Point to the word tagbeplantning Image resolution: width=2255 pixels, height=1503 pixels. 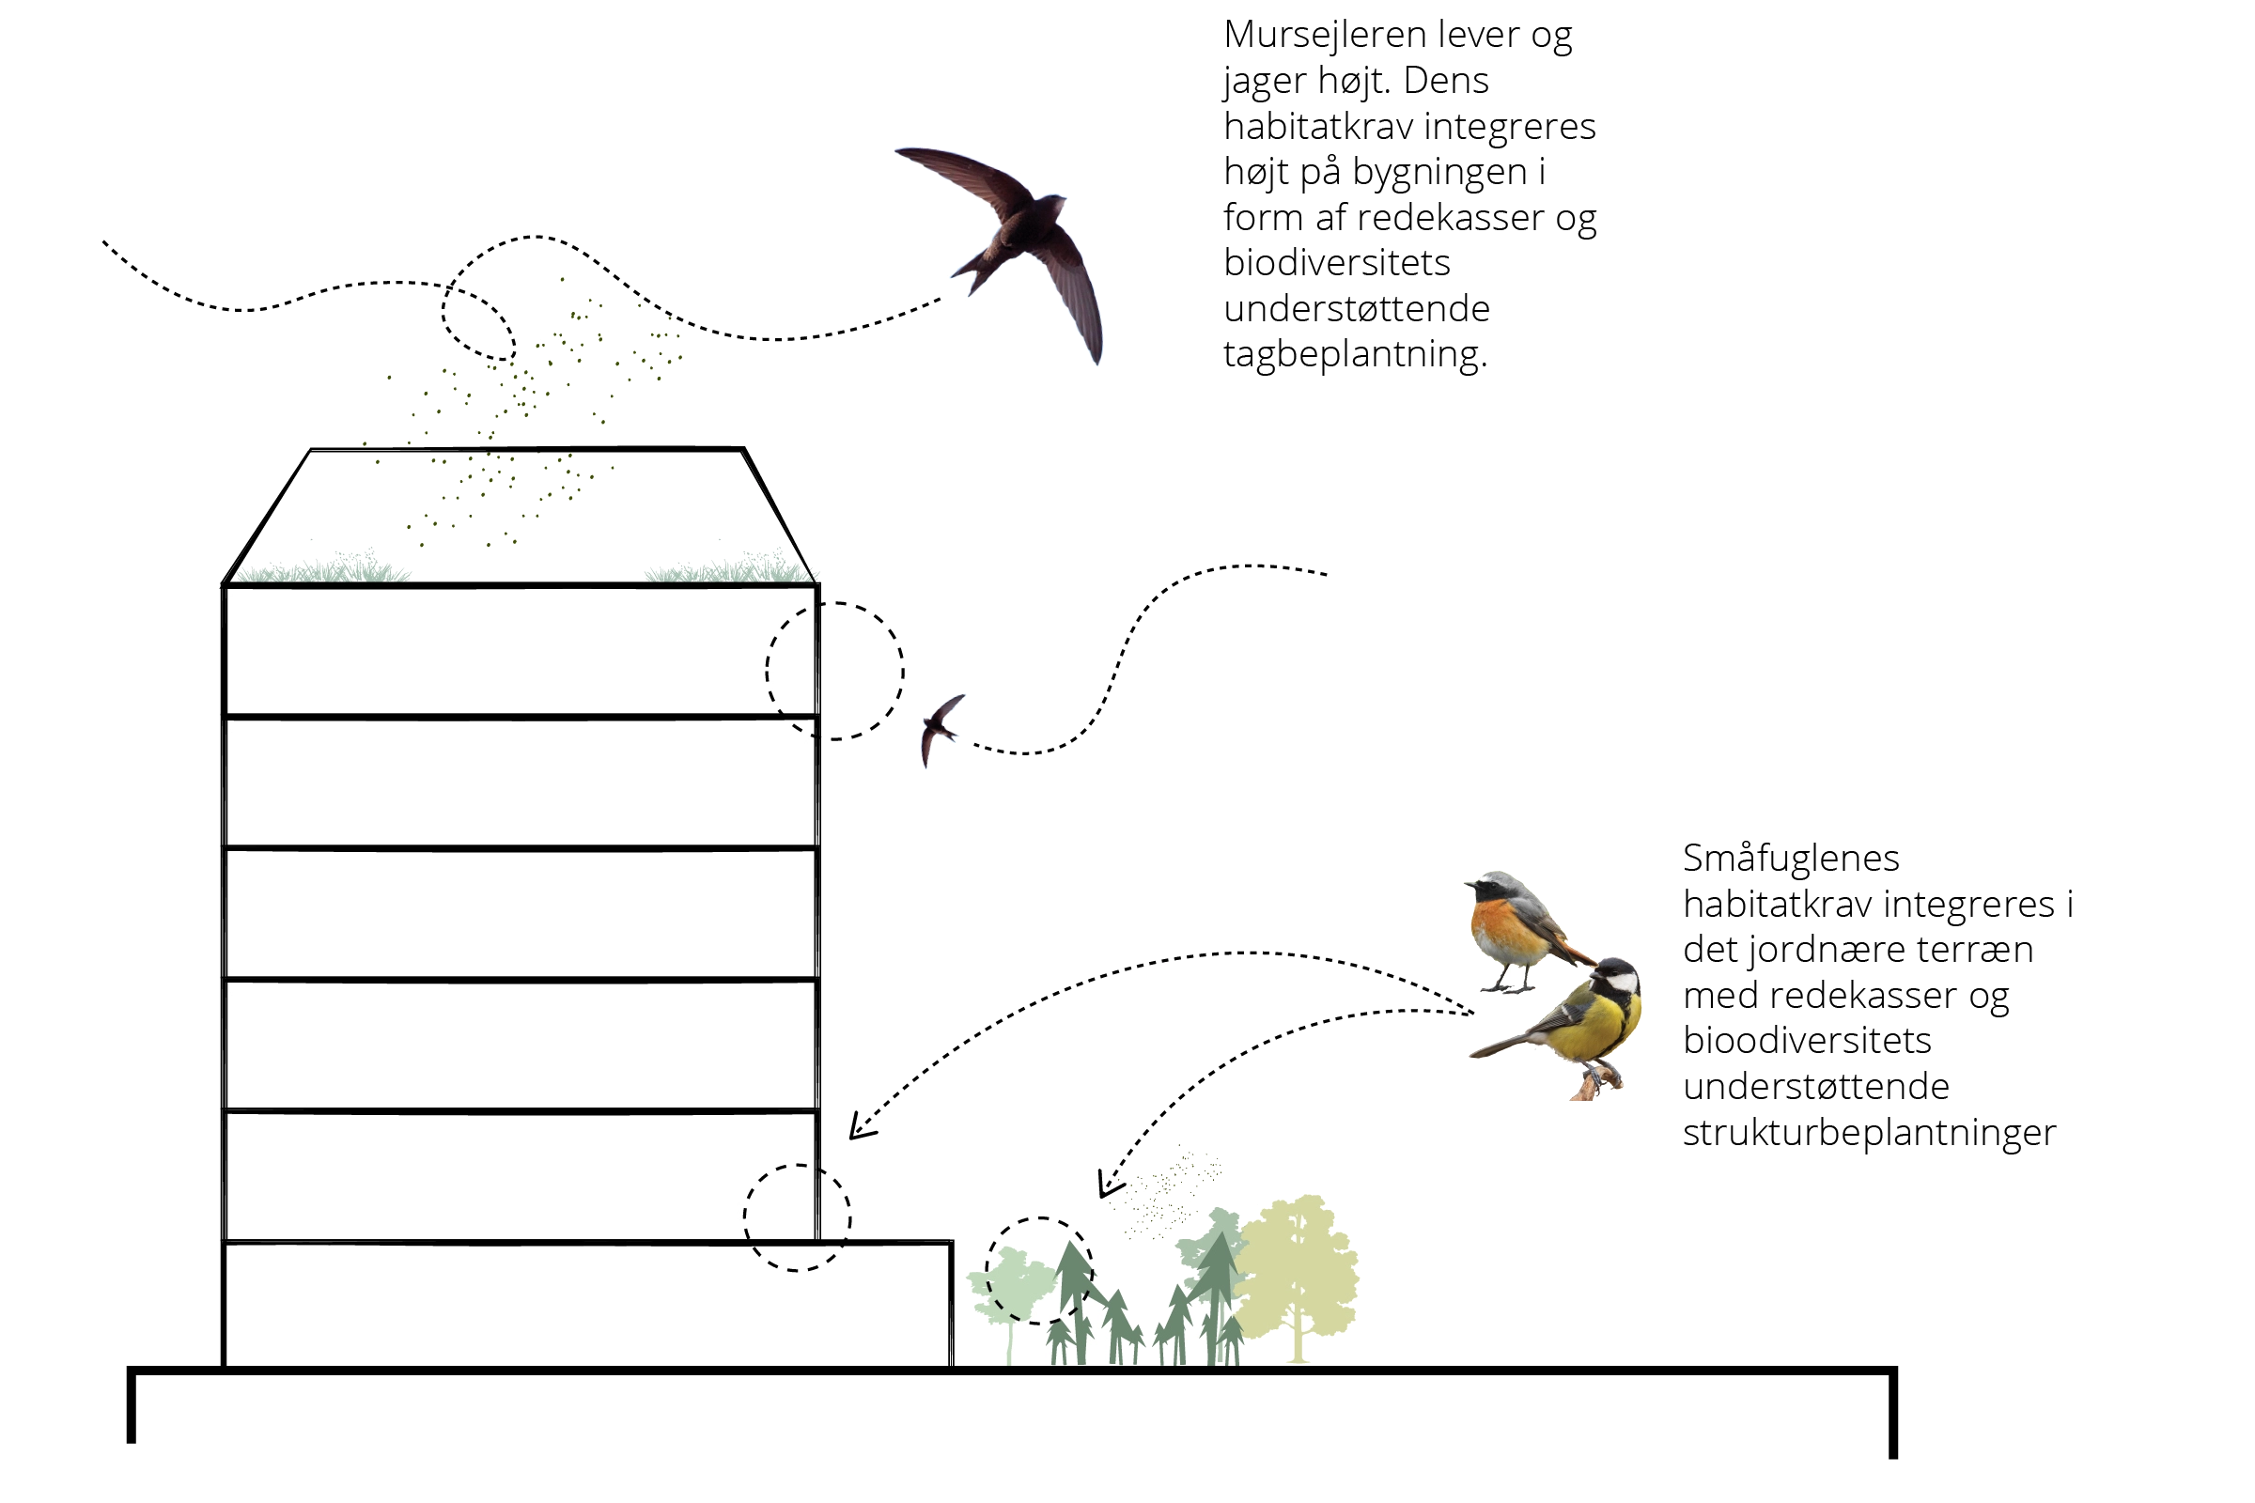coord(1355,355)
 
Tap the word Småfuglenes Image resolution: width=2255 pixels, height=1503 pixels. coord(1791,858)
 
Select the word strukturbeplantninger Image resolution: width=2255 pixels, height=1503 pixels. coord(1870,1133)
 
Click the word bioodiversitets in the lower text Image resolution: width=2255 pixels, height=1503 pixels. coord(1807,1041)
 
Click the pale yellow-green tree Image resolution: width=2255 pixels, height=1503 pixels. coord(1298,1278)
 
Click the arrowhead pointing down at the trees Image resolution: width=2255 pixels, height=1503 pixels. coord(1110,1185)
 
